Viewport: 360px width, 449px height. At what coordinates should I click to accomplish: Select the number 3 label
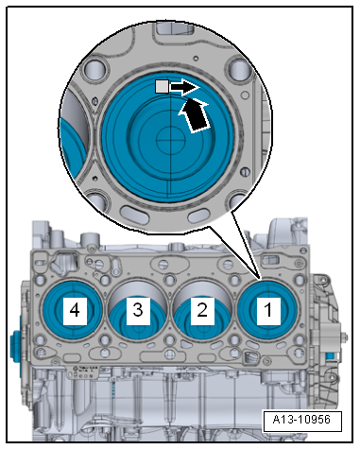click(x=138, y=309)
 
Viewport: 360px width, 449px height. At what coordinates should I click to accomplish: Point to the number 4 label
click(x=73, y=309)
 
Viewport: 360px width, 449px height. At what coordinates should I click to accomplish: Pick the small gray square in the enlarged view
click(x=162, y=86)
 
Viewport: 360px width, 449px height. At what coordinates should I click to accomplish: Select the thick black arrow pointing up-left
click(x=193, y=115)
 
